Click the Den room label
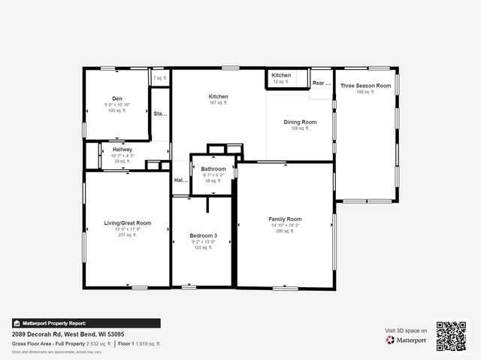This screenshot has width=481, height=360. pos(117,98)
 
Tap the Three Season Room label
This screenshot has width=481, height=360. pos(365,86)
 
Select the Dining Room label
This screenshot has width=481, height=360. pos(300,122)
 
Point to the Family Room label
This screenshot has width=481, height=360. pos(285,219)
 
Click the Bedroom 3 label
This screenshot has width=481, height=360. pos(203,236)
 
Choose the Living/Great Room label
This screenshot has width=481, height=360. pos(127,222)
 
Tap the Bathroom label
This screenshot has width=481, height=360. pos(213,169)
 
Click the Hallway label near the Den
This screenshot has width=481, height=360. pos(123,150)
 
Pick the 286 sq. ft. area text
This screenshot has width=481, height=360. pos(285,231)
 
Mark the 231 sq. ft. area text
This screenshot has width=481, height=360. pos(127,235)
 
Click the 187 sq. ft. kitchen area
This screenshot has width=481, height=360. pos(218,103)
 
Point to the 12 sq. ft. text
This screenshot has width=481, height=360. pos(281,81)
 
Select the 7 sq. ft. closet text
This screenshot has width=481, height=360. pos(160,78)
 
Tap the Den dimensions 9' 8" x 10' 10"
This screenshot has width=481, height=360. pos(117,104)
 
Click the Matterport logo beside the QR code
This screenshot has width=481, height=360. pos(407,340)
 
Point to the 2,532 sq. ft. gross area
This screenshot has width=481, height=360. pos(98,343)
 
